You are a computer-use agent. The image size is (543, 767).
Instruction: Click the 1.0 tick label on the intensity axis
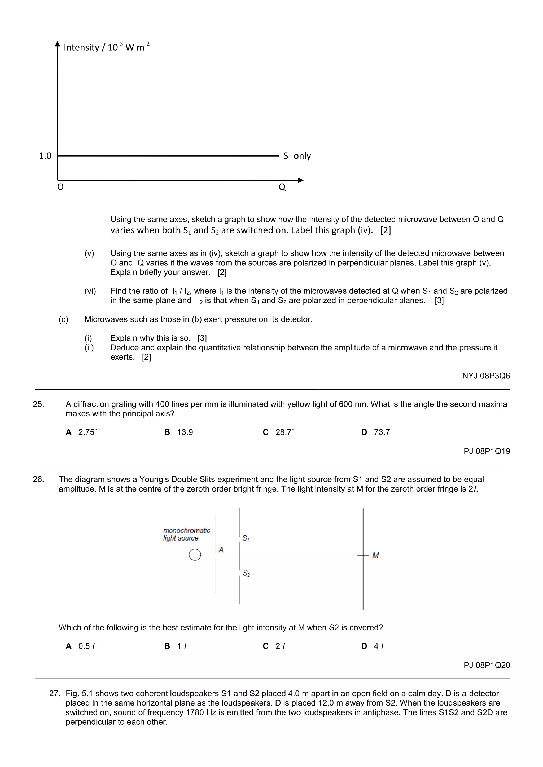45,156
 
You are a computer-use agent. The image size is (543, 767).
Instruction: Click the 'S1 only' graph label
297,156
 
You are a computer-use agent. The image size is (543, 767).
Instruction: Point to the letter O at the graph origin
60,187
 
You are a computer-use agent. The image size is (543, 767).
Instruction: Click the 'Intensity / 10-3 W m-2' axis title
106,47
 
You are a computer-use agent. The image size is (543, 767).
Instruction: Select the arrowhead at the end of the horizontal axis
301,180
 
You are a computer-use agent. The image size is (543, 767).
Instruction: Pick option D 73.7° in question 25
377,432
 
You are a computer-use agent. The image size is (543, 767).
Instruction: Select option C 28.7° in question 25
278,432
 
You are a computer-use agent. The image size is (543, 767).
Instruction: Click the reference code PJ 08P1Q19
487,451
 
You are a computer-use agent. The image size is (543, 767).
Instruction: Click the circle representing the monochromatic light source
195,555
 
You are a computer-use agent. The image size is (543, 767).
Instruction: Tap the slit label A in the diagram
221,550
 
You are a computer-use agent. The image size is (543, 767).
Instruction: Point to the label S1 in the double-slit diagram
246,538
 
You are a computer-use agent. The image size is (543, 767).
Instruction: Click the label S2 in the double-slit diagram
246,573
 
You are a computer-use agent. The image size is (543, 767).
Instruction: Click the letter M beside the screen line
375,556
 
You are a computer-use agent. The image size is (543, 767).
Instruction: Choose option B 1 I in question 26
176,646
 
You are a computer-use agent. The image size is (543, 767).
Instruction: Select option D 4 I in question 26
373,646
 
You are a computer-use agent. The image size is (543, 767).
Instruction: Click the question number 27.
55,694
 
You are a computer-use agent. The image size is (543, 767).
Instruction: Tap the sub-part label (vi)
90,291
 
